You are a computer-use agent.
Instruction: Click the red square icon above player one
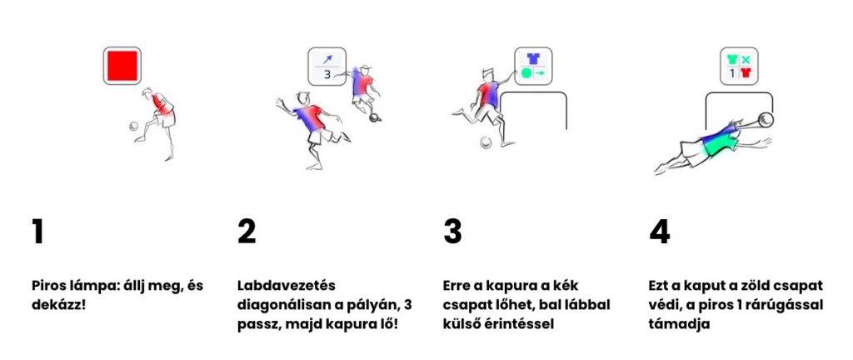click(x=122, y=65)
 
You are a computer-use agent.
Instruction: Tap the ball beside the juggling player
click(x=134, y=126)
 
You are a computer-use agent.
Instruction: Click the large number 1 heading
click(x=37, y=232)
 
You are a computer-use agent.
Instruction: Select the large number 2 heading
click(x=247, y=232)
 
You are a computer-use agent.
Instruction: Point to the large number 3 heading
click(x=452, y=232)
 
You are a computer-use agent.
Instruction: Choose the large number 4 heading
click(x=660, y=232)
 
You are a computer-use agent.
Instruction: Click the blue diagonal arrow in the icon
click(x=327, y=58)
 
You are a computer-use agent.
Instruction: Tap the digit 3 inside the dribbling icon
click(x=327, y=75)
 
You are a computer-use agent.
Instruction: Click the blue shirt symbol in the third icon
click(x=533, y=58)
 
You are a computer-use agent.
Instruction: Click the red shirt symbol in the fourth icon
click(x=746, y=72)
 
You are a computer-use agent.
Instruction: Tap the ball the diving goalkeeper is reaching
click(x=766, y=118)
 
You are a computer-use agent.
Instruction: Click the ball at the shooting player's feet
click(x=486, y=142)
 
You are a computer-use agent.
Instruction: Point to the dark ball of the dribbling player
click(x=375, y=117)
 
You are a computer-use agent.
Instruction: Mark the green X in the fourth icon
click(x=746, y=59)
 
